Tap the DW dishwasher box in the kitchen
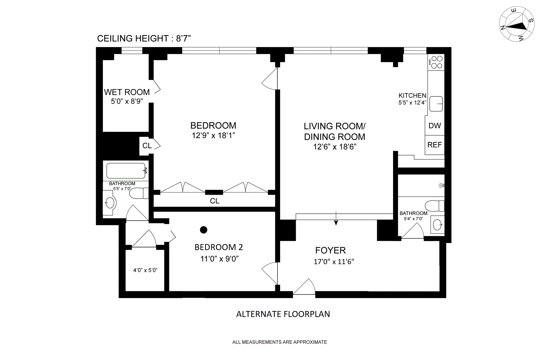click(x=434, y=125)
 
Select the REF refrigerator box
click(x=434, y=145)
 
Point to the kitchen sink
click(x=436, y=104)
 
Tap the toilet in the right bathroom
click(x=434, y=206)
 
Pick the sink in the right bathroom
click(x=438, y=225)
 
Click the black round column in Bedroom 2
click(x=203, y=230)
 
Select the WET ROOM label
click(x=127, y=92)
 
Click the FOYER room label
click(x=330, y=250)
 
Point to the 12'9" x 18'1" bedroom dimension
click(x=213, y=136)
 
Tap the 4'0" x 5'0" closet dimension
click(x=145, y=270)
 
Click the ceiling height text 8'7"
click(x=183, y=38)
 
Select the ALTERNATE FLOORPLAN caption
click(x=283, y=314)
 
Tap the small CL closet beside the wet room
click(x=147, y=146)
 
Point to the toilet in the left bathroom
click(x=139, y=193)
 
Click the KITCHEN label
click(x=412, y=96)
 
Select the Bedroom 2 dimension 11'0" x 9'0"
click(x=219, y=259)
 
